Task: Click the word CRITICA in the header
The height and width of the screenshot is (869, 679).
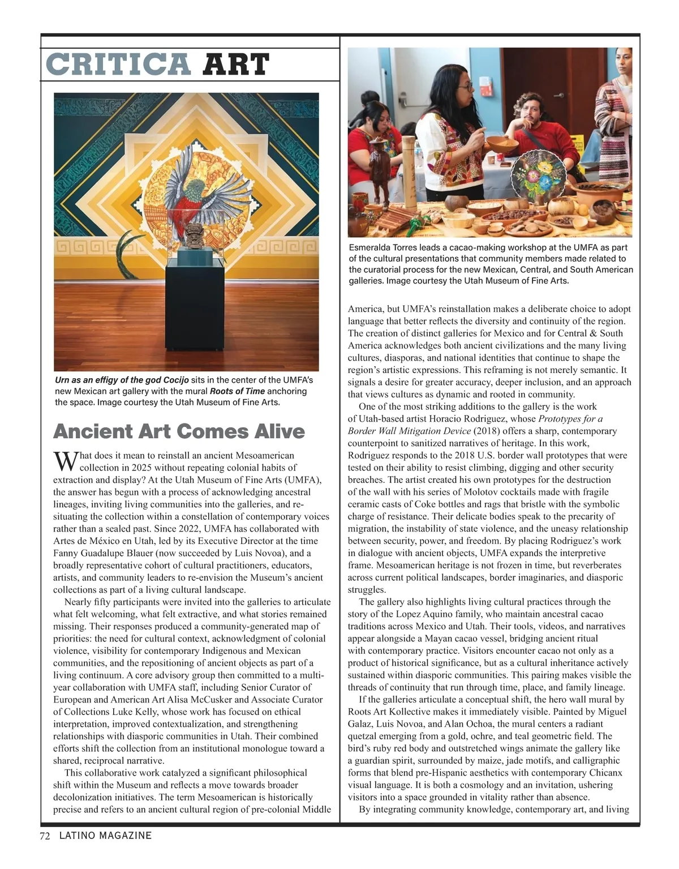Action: click(x=118, y=65)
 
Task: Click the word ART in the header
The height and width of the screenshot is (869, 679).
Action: click(x=236, y=65)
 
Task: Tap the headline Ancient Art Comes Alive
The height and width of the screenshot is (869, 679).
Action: click(x=179, y=431)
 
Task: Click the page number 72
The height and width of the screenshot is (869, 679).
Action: click(x=45, y=836)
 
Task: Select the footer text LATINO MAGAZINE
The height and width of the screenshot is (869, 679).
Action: click(x=105, y=836)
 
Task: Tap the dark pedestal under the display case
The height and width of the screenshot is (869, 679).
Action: click(x=194, y=317)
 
